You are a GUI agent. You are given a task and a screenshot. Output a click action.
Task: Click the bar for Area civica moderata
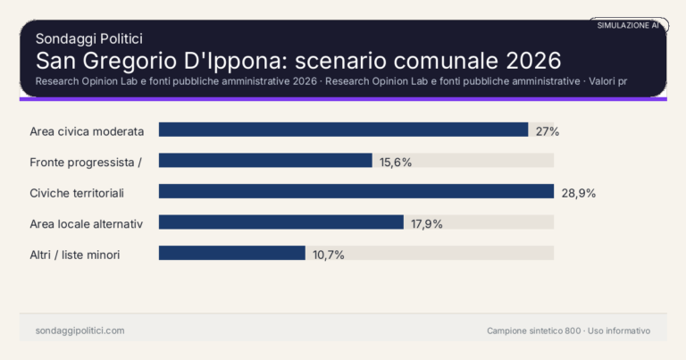pos(343,130)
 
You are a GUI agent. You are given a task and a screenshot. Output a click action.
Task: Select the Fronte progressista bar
pos(265,161)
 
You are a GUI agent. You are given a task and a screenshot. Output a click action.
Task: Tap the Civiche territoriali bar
pos(356,191)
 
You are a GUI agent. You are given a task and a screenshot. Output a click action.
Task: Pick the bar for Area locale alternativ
pos(281,222)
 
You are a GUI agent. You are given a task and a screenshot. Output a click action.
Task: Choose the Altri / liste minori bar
pos(232,253)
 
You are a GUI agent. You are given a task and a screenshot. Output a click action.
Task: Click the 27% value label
pos(548,131)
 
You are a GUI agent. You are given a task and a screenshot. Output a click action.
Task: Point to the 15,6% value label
pos(396,162)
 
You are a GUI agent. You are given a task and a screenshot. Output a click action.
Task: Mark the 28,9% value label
pos(578,192)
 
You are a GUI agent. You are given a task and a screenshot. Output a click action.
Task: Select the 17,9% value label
pos(427,223)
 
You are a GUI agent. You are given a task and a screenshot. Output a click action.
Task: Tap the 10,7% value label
pos(328,255)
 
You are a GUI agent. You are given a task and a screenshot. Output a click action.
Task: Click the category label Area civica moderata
pos(87,131)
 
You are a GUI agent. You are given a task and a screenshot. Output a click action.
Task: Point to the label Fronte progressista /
pos(86,162)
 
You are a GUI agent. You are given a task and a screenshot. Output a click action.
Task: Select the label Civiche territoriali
pos(76,192)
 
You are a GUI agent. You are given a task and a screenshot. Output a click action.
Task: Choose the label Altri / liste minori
pos(75,255)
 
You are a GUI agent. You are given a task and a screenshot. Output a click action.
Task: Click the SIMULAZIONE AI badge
pos(628,26)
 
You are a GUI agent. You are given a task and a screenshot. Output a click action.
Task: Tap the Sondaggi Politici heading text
pos(89,38)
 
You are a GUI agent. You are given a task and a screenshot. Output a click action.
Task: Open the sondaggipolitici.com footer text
pos(79,331)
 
